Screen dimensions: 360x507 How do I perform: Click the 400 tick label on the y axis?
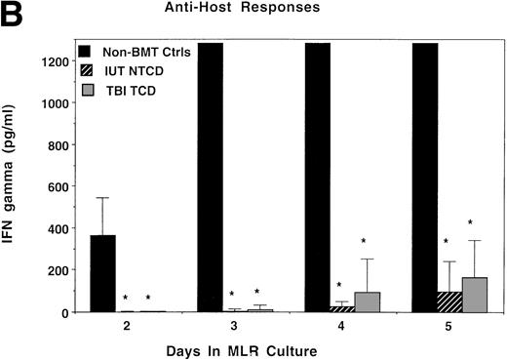pos(57,228)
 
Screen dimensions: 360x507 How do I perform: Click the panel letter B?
pos(16,13)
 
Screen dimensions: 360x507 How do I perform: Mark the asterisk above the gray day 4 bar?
pos(365,241)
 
